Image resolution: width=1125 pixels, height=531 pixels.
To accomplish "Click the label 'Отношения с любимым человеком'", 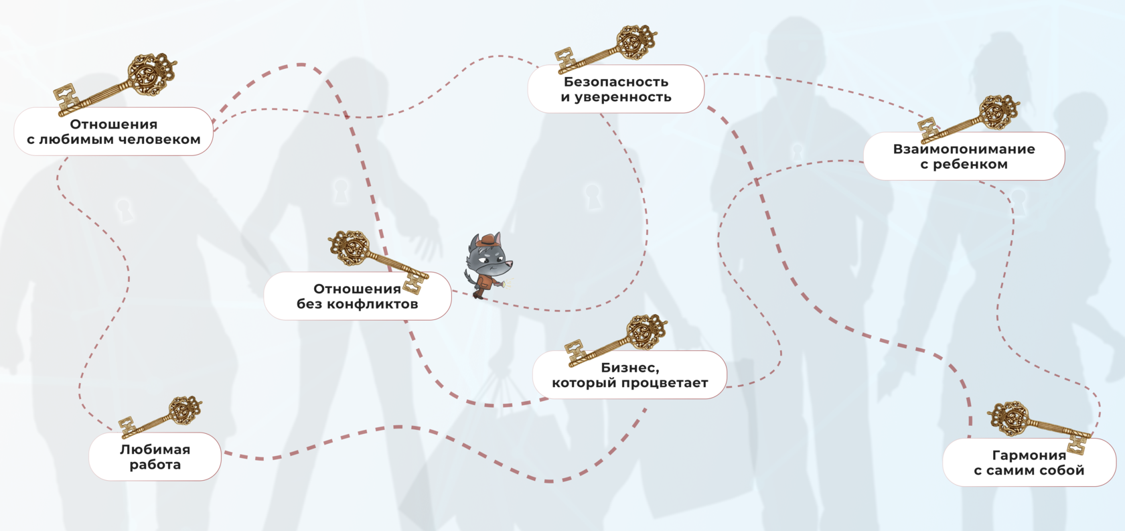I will point(113,132).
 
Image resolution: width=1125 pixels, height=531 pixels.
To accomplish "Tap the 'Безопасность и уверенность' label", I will point(615,89).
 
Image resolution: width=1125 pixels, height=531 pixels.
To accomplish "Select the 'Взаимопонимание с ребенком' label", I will point(964,157).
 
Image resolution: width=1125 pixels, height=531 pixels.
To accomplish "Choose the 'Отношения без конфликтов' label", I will point(357,296).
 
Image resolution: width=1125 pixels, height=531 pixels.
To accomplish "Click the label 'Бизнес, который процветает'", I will point(629,375).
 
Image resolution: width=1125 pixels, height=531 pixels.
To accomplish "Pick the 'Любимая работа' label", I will point(155,457).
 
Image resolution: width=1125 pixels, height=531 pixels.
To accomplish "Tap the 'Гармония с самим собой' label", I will point(1029,463).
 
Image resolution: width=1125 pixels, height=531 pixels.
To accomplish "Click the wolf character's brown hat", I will point(489,240).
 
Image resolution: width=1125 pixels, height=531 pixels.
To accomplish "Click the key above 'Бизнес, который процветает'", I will point(617,340).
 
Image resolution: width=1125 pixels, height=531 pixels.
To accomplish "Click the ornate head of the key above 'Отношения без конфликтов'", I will point(350,248).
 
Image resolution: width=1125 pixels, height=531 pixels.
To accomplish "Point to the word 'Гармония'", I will point(1029,455).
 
